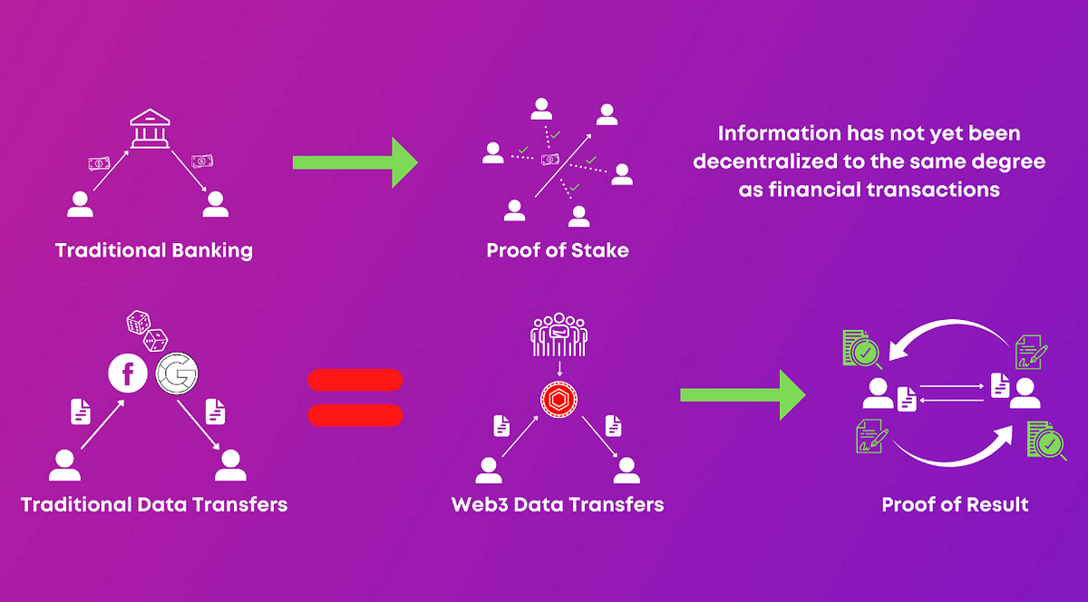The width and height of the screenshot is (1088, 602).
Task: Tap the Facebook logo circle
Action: (x=128, y=374)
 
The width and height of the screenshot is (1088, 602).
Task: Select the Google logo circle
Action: (x=176, y=374)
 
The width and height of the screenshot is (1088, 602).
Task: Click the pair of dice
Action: (x=147, y=331)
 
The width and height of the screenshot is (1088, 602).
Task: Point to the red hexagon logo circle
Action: (x=559, y=400)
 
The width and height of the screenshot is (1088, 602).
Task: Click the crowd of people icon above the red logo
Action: (x=559, y=335)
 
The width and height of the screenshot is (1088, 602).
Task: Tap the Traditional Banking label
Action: (x=154, y=251)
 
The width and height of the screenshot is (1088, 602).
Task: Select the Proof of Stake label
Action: (x=558, y=250)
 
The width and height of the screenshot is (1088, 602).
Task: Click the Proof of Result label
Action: (x=955, y=504)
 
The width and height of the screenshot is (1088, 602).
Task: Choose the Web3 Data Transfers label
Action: (x=558, y=504)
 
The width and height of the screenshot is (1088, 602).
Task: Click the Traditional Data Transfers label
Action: (x=154, y=504)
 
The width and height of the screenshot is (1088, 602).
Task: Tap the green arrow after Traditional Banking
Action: (x=355, y=162)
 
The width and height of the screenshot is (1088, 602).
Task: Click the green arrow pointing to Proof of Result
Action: (x=743, y=395)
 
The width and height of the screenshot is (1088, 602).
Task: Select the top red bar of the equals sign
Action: (x=355, y=380)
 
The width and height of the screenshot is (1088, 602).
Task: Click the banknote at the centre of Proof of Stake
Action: (x=550, y=159)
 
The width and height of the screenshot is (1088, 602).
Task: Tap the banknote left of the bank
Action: (x=99, y=163)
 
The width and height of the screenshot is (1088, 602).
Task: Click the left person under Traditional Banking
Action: (x=80, y=204)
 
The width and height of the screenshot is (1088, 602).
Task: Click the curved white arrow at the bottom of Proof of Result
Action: (x=951, y=461)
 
